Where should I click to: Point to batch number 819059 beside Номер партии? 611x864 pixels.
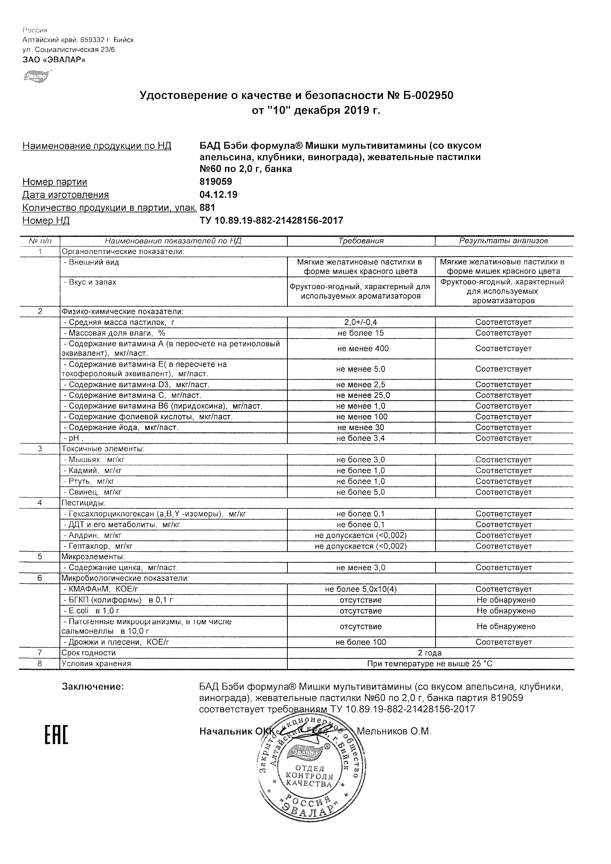click(216, 182)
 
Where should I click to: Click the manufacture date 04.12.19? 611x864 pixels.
click(218, 195)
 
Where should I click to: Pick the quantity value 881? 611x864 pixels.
click(208, 208)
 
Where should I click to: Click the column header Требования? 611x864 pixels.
click(361, 241)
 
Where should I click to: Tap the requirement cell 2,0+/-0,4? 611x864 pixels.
click(361, 322)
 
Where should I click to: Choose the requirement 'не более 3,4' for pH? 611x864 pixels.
click(361, 438)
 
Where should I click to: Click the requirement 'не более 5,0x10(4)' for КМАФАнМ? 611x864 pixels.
click(361, 589)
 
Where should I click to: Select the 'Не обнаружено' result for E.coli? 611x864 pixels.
click(506, 611)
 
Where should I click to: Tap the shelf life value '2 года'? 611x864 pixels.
click(430, 653)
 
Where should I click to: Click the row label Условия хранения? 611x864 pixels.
click(96, 664)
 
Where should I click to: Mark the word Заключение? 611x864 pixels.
click(93, 687)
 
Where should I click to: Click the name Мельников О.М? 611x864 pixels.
click(393, 731)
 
